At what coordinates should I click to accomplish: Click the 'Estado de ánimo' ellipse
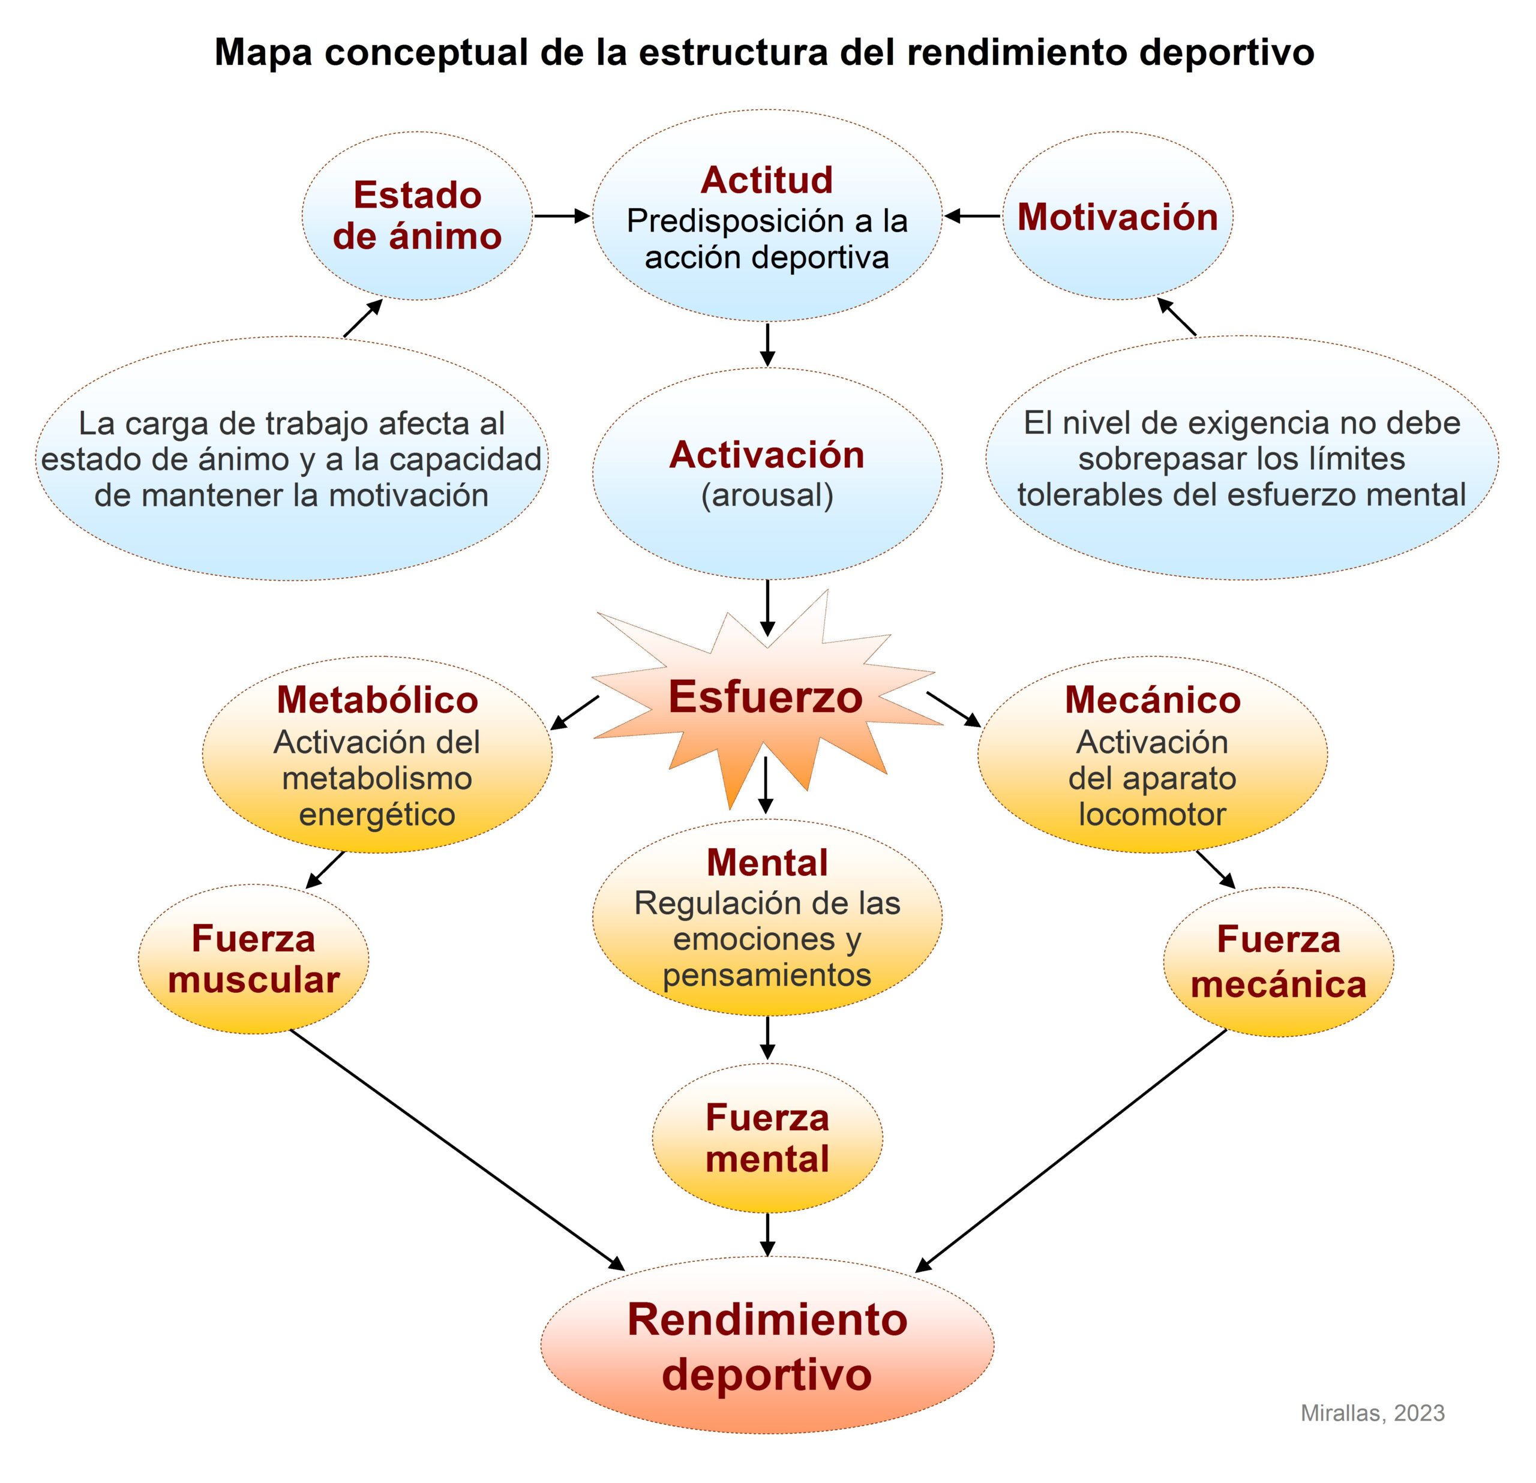point(417,215)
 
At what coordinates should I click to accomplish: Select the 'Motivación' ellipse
point(1118,215)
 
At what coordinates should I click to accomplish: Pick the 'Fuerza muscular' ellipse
point(253,960)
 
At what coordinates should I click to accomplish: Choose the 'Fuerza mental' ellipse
point(767,1138)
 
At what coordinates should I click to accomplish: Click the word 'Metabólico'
point(377,700)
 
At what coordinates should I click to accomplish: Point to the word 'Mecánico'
point(1152,700)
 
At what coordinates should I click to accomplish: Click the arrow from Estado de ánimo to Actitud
point(562,215)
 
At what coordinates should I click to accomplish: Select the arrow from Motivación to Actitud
point(973,215)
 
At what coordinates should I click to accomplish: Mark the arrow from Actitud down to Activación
point(767,345)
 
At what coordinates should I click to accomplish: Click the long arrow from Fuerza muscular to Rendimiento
point(458,1149)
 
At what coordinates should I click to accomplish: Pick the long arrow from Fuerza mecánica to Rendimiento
point(1070,1151)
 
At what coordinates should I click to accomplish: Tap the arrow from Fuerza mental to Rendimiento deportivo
point(767,1235)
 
